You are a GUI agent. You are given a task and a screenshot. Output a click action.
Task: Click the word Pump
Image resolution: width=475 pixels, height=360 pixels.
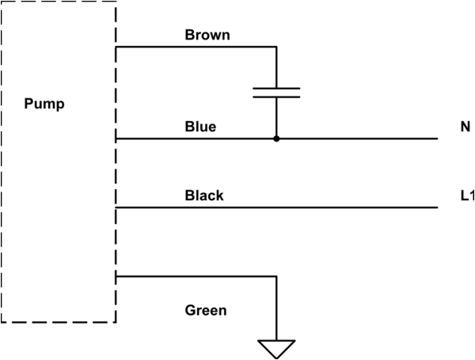pyautogui.click(x=44, y=104)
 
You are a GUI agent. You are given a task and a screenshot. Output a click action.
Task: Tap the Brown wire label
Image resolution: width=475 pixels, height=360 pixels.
pyautogui.click(x=207, y=36)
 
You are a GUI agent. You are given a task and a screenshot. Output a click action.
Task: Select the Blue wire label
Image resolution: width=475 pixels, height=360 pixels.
pyautogui.click(x=200, y=127)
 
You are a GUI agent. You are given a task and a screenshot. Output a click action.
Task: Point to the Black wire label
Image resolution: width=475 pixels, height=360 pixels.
pyautogui.click(x=204, y=195)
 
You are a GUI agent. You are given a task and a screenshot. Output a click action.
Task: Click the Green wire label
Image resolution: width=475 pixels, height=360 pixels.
pyautogui.click(x=206, y=310)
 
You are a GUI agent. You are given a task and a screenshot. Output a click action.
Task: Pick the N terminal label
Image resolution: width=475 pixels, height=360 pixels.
pyautogui.click(x=464, y=127)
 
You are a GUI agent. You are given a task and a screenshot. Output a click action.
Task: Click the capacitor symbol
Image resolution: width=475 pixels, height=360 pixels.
pyautogui.click(x=276, y=93)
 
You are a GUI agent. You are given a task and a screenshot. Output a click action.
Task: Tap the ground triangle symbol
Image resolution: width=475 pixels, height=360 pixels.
pyautogui.click(x=276, y=348)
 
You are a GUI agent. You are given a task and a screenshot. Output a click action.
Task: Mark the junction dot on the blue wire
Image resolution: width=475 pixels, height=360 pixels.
pyautogui.click(x=276, y=138)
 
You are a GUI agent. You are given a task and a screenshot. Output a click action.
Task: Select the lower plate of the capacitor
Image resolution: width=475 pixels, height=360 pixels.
pyautogui.click(x=276, y=97)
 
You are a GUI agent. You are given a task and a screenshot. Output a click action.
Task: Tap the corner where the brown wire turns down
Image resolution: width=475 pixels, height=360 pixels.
pyautogui.click(x=276, y=47)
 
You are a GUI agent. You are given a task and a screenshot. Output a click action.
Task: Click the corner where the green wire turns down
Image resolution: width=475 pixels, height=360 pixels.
pyautogui.click(x=276, y=276)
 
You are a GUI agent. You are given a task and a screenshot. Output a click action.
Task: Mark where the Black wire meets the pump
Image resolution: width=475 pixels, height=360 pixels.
pyautogui.click(x=116, y=207)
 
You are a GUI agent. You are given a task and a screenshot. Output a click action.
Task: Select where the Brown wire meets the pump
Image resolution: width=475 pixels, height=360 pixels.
pyautogui.click(x=116, y=47)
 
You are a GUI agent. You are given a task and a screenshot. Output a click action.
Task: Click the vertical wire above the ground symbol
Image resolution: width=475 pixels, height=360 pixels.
pyautogui.click(x=276, y=309)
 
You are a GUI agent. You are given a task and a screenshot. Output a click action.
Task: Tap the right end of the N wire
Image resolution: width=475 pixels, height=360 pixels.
pyautogui.click(x=436, y=138)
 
